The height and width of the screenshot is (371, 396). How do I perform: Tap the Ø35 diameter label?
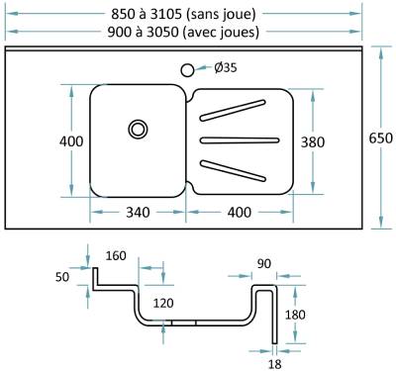coord(226,67)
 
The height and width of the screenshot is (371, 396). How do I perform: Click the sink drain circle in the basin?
coord(138,129)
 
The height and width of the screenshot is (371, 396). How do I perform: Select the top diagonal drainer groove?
coord(233,110)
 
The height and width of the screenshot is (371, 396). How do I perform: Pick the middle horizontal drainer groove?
coord(240,140)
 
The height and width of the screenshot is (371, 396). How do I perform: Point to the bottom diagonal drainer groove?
coord(233,171)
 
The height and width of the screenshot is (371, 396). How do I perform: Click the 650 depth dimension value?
coord(381,138)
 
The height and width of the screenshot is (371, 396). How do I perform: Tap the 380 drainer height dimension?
coord(313,142)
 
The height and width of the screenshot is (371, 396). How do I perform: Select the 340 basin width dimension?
coord(138,212)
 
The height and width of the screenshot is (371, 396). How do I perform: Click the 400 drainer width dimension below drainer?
coord(240,212)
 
